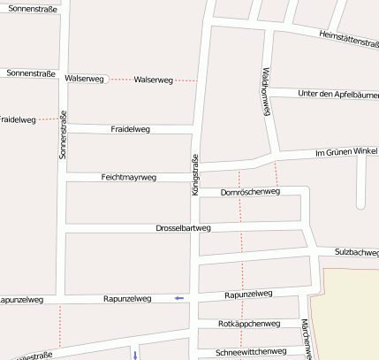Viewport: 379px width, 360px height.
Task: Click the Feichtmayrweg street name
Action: tap(129, 177)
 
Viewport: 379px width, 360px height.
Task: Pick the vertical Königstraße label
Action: tap(195, 174)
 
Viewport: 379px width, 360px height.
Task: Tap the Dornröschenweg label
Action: tap(250, 191)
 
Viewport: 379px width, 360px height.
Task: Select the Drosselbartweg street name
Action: tap(183, 228)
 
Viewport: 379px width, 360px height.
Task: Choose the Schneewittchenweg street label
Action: tap(251, 351)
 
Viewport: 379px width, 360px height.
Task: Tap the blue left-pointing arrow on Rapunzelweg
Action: tap(179, 298)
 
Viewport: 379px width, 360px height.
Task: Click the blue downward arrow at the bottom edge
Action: tap(135, 354)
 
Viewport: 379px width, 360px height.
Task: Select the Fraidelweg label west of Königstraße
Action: tap(130, 129)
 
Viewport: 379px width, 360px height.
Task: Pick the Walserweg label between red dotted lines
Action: tap(153, 80)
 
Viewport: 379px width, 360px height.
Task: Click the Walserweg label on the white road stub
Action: tap(85, 79)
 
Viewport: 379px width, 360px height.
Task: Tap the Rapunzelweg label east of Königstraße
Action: tap(248, 294)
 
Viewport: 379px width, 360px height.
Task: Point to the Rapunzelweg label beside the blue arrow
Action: tap(127, 299)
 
